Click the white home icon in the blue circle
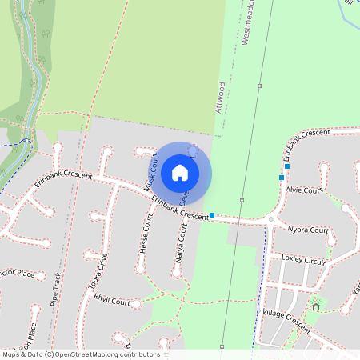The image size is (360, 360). pyautogui.click(x=180, y=173)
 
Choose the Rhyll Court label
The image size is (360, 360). pyautogui.click(x=112, y=302)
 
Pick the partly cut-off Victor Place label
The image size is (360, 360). pyautogui.click(x=17, y=274)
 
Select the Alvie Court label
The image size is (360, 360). pyautogui.click(x=304, y=190)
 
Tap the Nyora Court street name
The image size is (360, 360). pyautogui.click(x=308, y=230)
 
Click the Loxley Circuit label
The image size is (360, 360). pyautogui.click(x=304, y=259)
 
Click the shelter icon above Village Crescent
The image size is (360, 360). pyautogui.click(x=316, y=306)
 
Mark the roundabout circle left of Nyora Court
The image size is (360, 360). pyautogui.click(x=272, y=219)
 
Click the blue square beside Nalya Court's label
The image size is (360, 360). pyautogui.click(x=212, y=214)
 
